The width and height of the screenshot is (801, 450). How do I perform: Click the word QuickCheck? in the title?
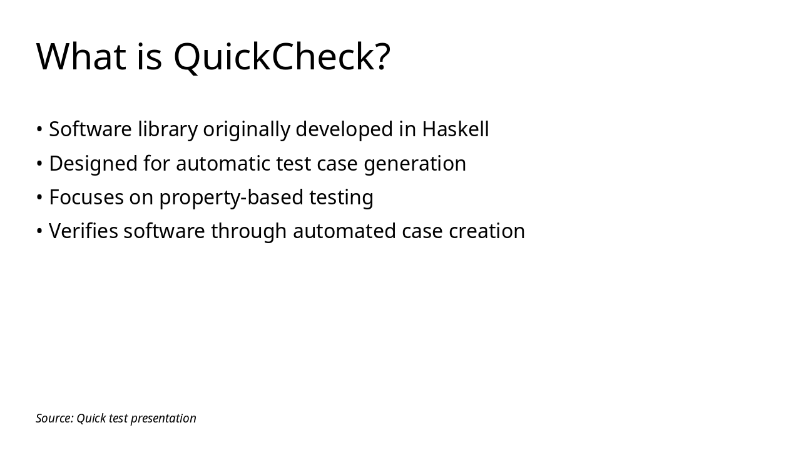click(x=282, y=57)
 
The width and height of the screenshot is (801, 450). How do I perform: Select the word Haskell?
click(x=455, y=129)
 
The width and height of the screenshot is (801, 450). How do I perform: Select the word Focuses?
click(x=86, y=197)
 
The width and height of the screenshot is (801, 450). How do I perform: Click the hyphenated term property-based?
click(x=232, y=197)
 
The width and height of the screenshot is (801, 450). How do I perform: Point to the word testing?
click(x=341, y=197)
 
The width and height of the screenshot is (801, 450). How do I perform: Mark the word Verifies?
click(x=83, y=231)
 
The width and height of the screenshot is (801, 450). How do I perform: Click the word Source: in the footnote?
click(x=54, y=418)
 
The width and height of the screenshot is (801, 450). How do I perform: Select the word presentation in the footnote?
click(x=163, y=418)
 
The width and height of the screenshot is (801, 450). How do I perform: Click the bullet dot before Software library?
click(x=39, y=129)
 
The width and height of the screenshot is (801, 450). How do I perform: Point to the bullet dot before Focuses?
click(x=39, y=197)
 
